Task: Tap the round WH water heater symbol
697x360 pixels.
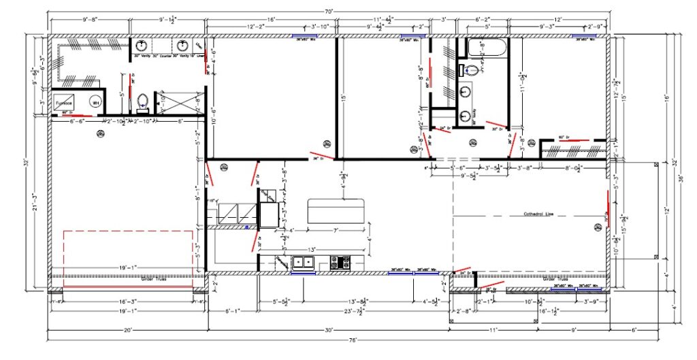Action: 95,102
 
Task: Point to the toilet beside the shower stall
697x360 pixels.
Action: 142,101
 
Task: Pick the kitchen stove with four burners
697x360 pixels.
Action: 340,262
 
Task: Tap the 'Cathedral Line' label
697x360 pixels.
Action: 538,214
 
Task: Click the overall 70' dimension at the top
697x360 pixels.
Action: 328,12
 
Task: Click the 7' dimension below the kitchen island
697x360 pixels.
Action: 336,231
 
